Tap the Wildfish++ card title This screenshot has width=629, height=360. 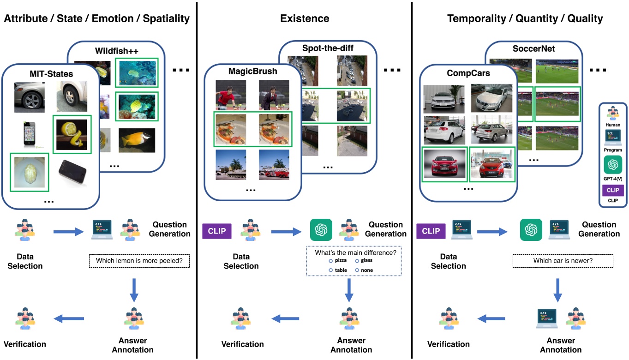coord(116,51)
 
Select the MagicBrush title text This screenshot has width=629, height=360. coord(253,72)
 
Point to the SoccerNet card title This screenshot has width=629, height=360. coord(533,48)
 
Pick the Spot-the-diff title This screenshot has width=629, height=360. coord(327,48)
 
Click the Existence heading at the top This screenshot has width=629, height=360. coord(305,18)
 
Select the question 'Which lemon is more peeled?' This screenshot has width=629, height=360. coord(139,261)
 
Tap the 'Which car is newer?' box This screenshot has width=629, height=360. coord(563,261)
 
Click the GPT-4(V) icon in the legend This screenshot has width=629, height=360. coord(612,165)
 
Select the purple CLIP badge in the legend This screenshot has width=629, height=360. coord(613,191)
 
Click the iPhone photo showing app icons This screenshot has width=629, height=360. coord(30,135)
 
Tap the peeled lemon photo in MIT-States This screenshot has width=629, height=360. coord(72,134)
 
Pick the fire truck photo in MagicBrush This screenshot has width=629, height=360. coord(274,165)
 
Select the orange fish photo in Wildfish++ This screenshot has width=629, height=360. coord(137,140)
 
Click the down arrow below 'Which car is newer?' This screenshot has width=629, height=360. coord(557,290)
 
